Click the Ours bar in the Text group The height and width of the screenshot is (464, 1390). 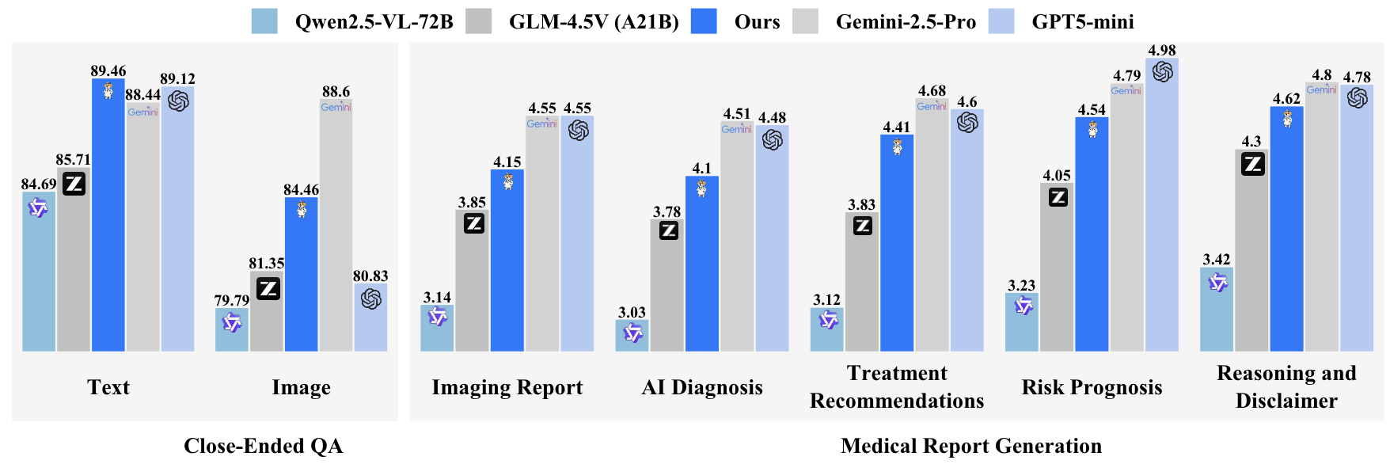tap(108, 222)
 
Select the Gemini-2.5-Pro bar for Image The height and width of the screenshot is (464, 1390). tap(336, 230)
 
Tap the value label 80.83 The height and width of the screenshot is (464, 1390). tap(370, 276)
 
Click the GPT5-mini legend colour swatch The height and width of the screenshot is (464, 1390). tap(1001, 21)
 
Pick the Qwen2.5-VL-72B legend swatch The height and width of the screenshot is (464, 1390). tap(264, 21)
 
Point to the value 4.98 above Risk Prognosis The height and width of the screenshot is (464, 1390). tap(1162, 50)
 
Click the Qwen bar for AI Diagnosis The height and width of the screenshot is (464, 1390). tap(632, 336)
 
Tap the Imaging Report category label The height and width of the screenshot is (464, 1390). tap(507, 387)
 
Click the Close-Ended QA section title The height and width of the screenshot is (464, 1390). tap(263, 446)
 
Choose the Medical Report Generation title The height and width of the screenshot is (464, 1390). tap(971, 446)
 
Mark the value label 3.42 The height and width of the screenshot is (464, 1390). tap(1216, 259)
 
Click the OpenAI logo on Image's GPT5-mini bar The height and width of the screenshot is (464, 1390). tap(370, 299)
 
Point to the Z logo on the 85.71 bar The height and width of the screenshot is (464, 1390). tap(74, 184)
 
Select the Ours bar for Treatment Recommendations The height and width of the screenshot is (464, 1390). tap(897, 245)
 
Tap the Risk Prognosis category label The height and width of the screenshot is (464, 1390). tap(1092, 387)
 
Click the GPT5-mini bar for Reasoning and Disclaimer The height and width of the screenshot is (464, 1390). tap(1357, 222)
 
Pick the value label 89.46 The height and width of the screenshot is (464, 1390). tap(108, 70)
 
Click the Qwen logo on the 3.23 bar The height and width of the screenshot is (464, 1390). tap(1024, 306)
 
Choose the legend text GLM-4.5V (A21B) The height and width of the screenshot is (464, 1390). tap(594, 21)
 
